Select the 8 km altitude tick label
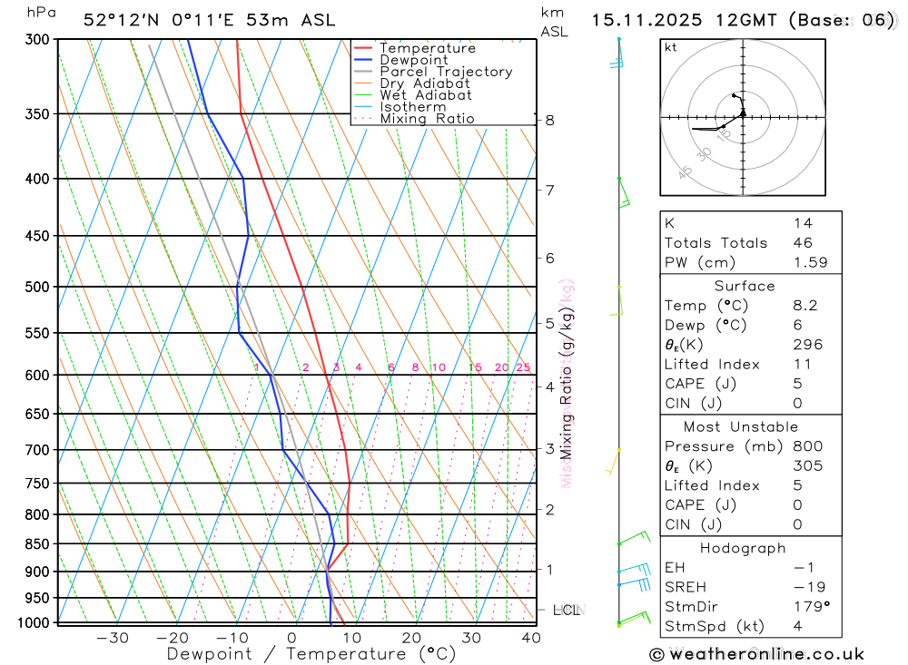[x=550, y=120]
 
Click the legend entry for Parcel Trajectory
[x=446, y=72]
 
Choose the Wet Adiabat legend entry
[x=426, y=95]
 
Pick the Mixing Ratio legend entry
[x=427, y=119]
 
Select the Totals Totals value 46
[x=803, y=243]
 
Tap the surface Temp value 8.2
[x=804, y=306]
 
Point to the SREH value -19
[x=804, y=588]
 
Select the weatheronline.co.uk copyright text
[x=757, y=654]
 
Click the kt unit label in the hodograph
[x=671, y=47]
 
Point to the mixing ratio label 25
[x=523, y=367]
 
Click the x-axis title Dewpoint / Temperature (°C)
[x=311, y=654]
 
